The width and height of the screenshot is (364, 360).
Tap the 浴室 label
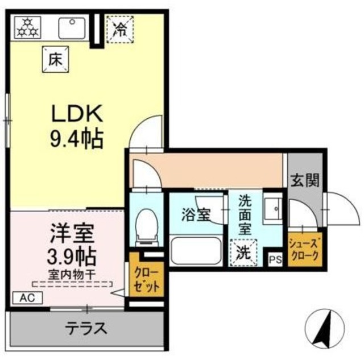pos(197,215)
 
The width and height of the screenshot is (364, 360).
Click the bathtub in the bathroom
pos(197,249)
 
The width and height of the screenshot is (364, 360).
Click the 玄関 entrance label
pos(304,181)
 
